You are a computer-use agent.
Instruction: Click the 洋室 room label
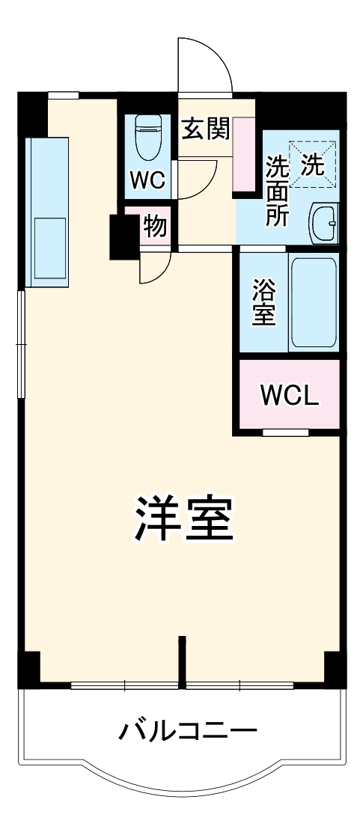pyautogui.click(x=185, y=519)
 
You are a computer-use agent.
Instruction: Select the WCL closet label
pyautogui.click(x=290, y=394)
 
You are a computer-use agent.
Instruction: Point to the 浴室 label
pyautogui.click(x=263, y=302)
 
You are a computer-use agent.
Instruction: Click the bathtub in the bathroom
pyautogui.click(x=314, y=302)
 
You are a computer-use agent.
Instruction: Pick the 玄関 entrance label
pyautogui.click(x=205, y=130)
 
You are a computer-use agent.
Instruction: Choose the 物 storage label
pyautogui.click(x=156, y=226)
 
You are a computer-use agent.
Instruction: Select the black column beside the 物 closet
pyautogui.click(x=120, y=236)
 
